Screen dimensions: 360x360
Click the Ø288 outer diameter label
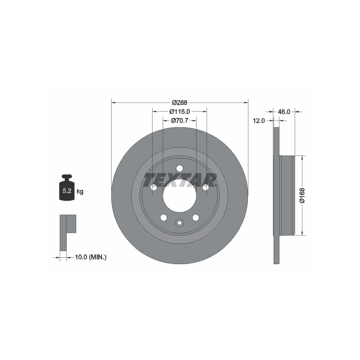(x=180, y=103)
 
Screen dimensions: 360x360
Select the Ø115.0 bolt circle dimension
(x=180, y=112)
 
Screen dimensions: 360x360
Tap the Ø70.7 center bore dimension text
(x=180, y=120)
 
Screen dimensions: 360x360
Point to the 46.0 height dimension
(x=284, y=112)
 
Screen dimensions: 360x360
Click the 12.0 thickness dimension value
(x=259, y=121)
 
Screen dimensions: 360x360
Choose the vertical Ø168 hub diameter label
(x=302, y=195)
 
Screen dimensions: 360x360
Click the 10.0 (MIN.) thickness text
(x=91, y=257)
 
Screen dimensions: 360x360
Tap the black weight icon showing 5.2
(x=67, y=188)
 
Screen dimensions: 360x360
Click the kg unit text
(x=80, y=191)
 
